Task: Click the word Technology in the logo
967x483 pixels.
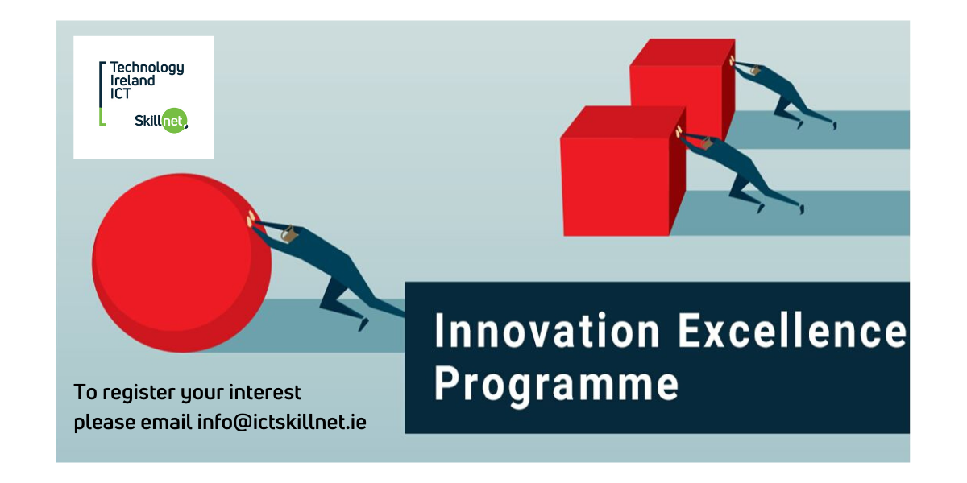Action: pos(147,68)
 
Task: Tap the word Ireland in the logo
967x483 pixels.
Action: pos(132,80)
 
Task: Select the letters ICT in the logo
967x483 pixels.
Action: pos(120,93)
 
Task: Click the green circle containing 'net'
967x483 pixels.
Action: pos(174,120)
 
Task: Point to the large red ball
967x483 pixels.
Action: pos(181,263)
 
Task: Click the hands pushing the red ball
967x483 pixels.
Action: pos(251,219)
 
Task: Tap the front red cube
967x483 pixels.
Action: pos(623,171)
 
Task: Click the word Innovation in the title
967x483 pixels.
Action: pos(547,331)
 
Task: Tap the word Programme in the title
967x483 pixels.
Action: pos(557,385)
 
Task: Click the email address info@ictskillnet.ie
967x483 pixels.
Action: pos(282,422)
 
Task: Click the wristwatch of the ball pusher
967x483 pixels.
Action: pos(288,233)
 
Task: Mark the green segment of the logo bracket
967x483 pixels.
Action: pos(102,118)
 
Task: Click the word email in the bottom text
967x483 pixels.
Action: pos(166,421)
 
